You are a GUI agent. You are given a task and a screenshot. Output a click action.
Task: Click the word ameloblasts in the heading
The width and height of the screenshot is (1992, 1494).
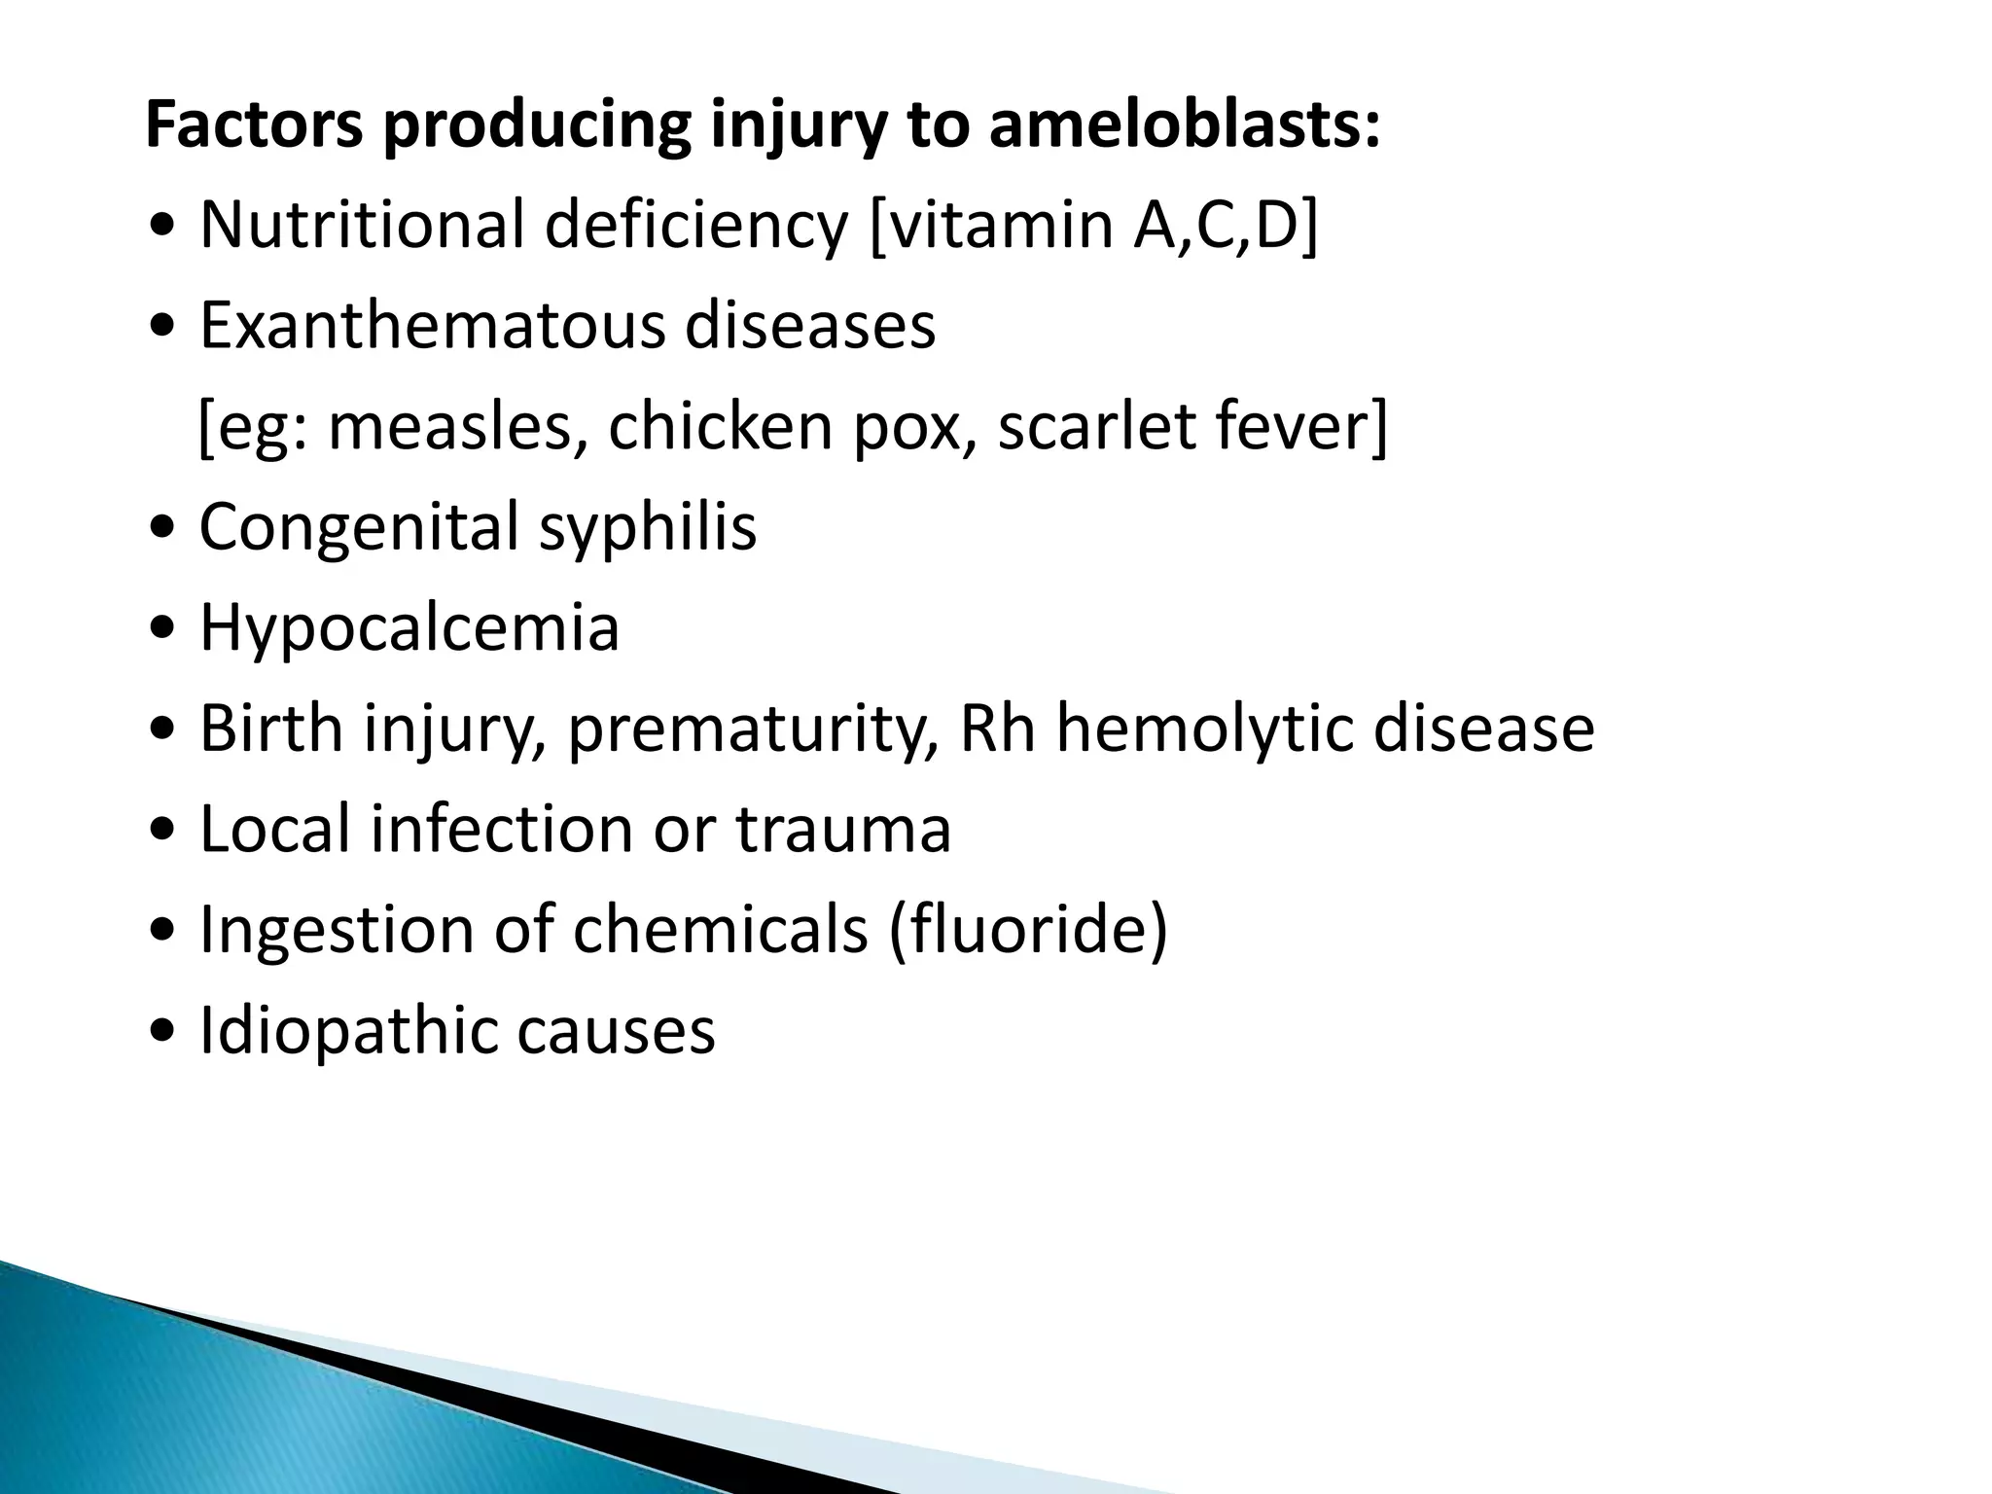pyautogui.click(x=1184, y=126)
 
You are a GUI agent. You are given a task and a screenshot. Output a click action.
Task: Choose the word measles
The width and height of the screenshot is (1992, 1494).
pyautogui.click(x=450, y=428)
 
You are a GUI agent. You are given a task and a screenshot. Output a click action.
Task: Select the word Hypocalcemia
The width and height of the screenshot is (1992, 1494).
pyautogui.click(x=409, y=629)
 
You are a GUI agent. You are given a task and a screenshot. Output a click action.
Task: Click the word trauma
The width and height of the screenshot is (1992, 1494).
pyautogui.click(x=842, y=830)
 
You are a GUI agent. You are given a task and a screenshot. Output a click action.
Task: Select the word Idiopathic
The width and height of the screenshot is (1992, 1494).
pyautogui.click(x=349, y=1031)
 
